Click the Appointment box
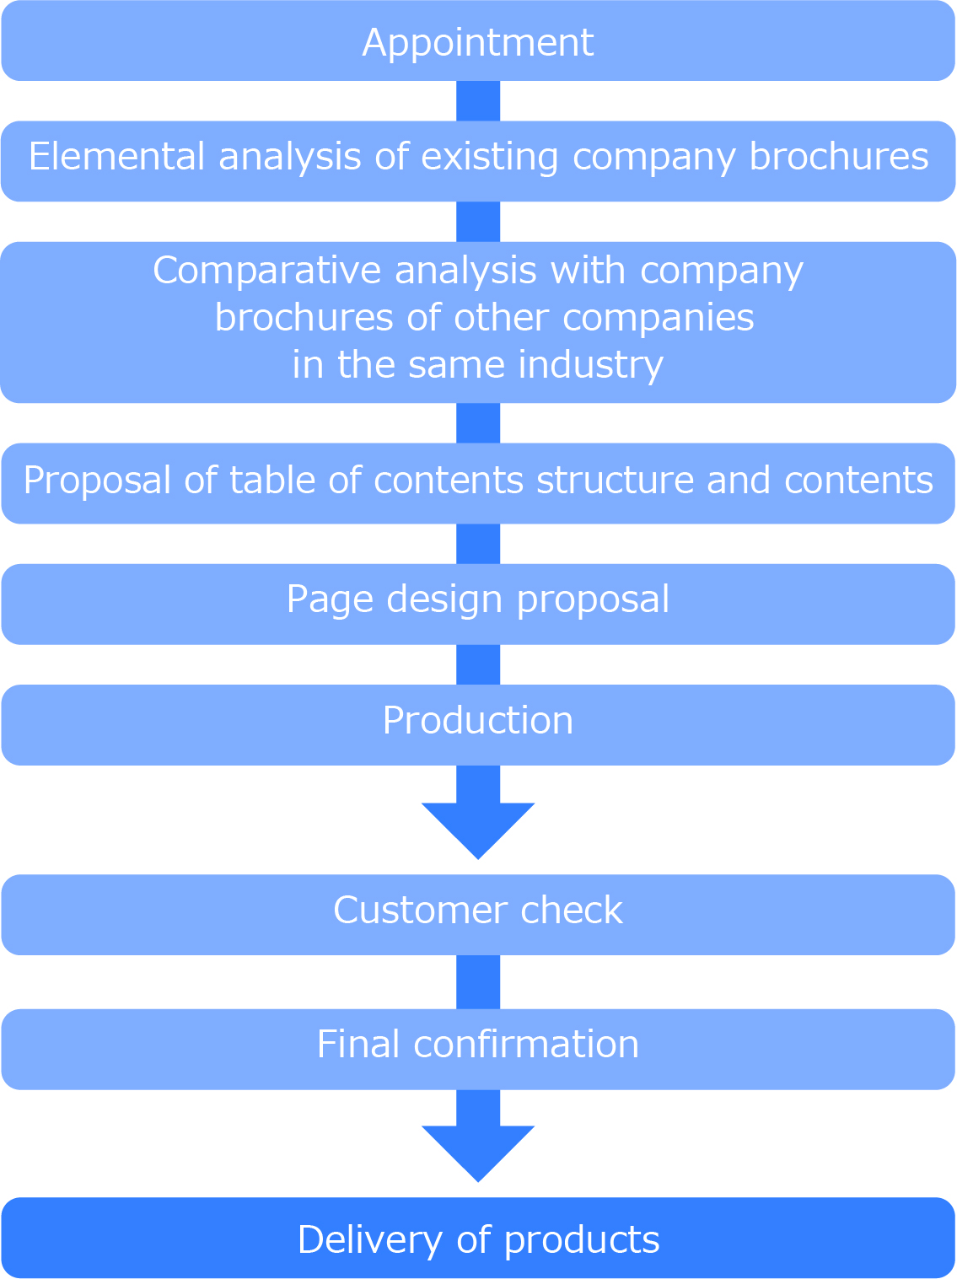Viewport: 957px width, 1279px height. pyautogui.click(x=478, y=40)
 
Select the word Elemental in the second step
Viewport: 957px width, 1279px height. pyautogui.click(x=116, y=156)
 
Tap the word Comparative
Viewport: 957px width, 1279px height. pyautogui.click(x=266, y=271)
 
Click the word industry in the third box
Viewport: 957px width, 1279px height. pyautogui.click(x=590, y=365)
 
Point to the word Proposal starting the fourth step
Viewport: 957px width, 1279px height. pyautogui.click(x=97, y=480)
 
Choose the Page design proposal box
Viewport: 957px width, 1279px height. pyautogui.click(x=478, y=604)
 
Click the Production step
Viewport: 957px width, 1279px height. pyautogui.click(x=478, y=724)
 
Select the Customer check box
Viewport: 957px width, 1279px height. pyautogui.click(x=478, y=914)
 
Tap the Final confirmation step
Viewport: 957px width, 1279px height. pyautogui.click(x=478, y=1049)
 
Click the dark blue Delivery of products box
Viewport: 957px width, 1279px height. pyautogui.click(x=478, y=1238)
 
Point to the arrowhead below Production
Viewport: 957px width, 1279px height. pyautogui.click(x=478, y=830)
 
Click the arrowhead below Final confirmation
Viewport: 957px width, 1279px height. pyautogui.click(x=478, y=1153)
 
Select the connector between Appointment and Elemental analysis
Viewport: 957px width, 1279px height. pyautogui.click(x=478, y=101)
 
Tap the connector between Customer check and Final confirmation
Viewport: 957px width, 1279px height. pyautogui.click(x=478, y=982)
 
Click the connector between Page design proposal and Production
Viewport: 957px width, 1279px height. pyautogui.click(x=478, y=664)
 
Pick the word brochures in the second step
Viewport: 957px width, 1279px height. pyautogui.click(x=839, y=156)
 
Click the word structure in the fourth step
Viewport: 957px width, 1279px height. pyautogui.click(x=615, y=480)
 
